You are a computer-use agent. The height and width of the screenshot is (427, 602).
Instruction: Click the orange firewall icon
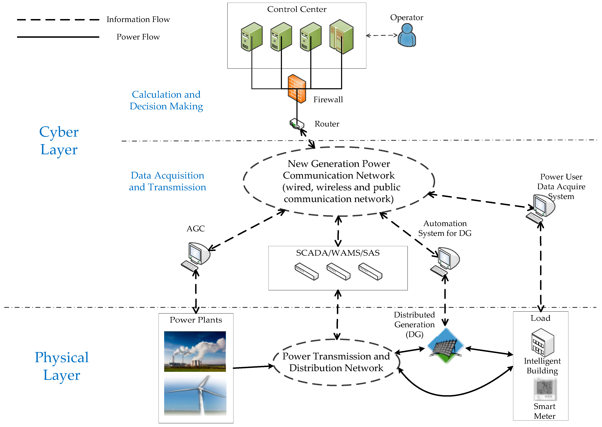pos(297,89)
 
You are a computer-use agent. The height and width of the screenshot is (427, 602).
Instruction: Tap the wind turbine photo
pos(195,395)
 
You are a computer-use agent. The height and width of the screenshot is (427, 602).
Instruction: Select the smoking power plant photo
pos(195,351)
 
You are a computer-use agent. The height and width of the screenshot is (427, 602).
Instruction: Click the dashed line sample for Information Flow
pos(58,20)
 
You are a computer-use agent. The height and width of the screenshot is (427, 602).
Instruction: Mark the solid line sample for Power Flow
pos(58,37)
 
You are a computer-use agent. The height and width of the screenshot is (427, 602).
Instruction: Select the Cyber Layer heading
pos(59,141)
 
